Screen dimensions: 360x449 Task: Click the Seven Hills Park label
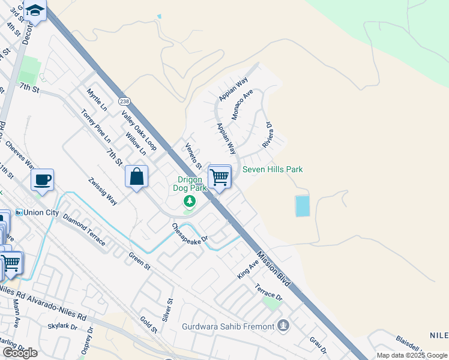tap(273, 170)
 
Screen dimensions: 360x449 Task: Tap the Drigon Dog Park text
tap(191, 184)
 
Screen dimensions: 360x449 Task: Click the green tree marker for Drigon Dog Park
tap(190, 200)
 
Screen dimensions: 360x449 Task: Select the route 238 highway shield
tap(124, 101)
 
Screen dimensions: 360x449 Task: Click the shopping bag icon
tap(136, 177)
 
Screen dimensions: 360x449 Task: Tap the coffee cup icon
tap(42, 179)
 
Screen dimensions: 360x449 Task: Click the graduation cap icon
tap(35, 11)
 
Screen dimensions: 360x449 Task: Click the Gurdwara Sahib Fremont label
tap(228, 327)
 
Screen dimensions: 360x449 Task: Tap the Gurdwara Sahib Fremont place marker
tap(283, 326)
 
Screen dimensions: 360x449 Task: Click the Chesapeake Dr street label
tap(190, 233)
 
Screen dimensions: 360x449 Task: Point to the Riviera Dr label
tap(267, 136)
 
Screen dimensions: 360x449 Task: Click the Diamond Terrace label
tap(84, 230)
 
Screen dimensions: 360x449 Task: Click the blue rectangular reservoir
tap(303, 206)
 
